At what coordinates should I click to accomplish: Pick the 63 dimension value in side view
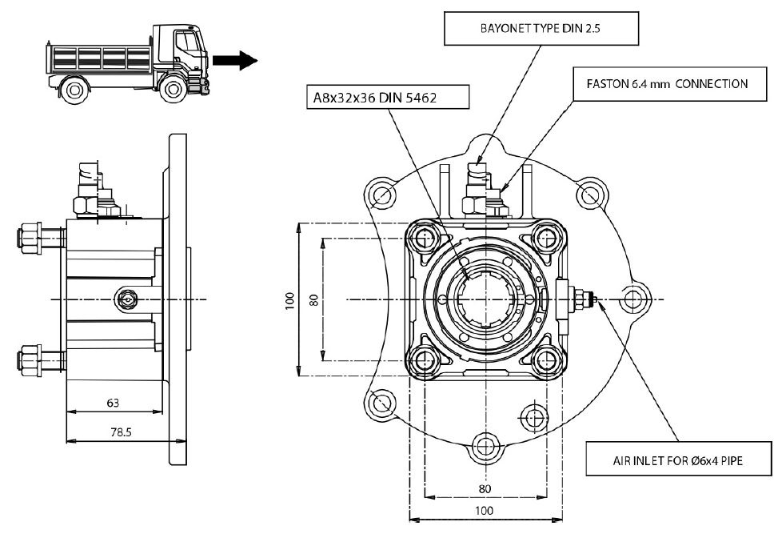click(113, 403)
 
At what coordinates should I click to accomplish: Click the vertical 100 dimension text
click(289, 300)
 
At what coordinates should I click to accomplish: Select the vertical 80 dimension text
click(313, 300)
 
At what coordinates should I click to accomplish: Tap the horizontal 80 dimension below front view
click(485, 488)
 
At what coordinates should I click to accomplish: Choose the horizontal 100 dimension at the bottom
click(485, 510)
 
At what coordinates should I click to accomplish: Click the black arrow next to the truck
click(237, 61)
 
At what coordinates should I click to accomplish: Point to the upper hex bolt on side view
click(30, 237)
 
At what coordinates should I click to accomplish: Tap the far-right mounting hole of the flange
click(633, 299)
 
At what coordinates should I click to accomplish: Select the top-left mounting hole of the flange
click(381, 195)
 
